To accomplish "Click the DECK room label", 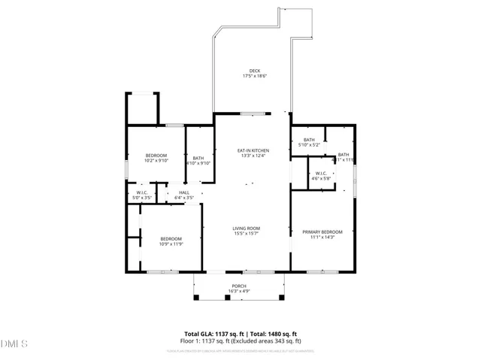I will (x=256, y=71).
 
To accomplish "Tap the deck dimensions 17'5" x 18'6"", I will (x=256, y=76).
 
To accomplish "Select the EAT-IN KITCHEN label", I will (x=253, y=150).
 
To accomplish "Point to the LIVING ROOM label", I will (x=246, y=228).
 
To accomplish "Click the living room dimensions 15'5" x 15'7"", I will (x=246, y=234).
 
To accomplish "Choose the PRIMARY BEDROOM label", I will (x=322, y=231).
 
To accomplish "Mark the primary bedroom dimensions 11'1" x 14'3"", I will (x=322, y=237).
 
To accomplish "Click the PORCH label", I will (x=239, y=286).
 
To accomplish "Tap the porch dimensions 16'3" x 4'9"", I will (x=239, y=291).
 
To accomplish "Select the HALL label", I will (x=184, y=192).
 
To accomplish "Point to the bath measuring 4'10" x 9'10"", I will (x=198, y=160).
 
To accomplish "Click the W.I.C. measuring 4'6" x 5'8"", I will (x=321, y=176).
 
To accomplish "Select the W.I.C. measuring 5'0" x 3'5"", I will (x=141, y=195).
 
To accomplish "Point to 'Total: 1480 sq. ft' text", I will (x=274, y=334).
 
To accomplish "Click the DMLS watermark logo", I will (x=14, y=344).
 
